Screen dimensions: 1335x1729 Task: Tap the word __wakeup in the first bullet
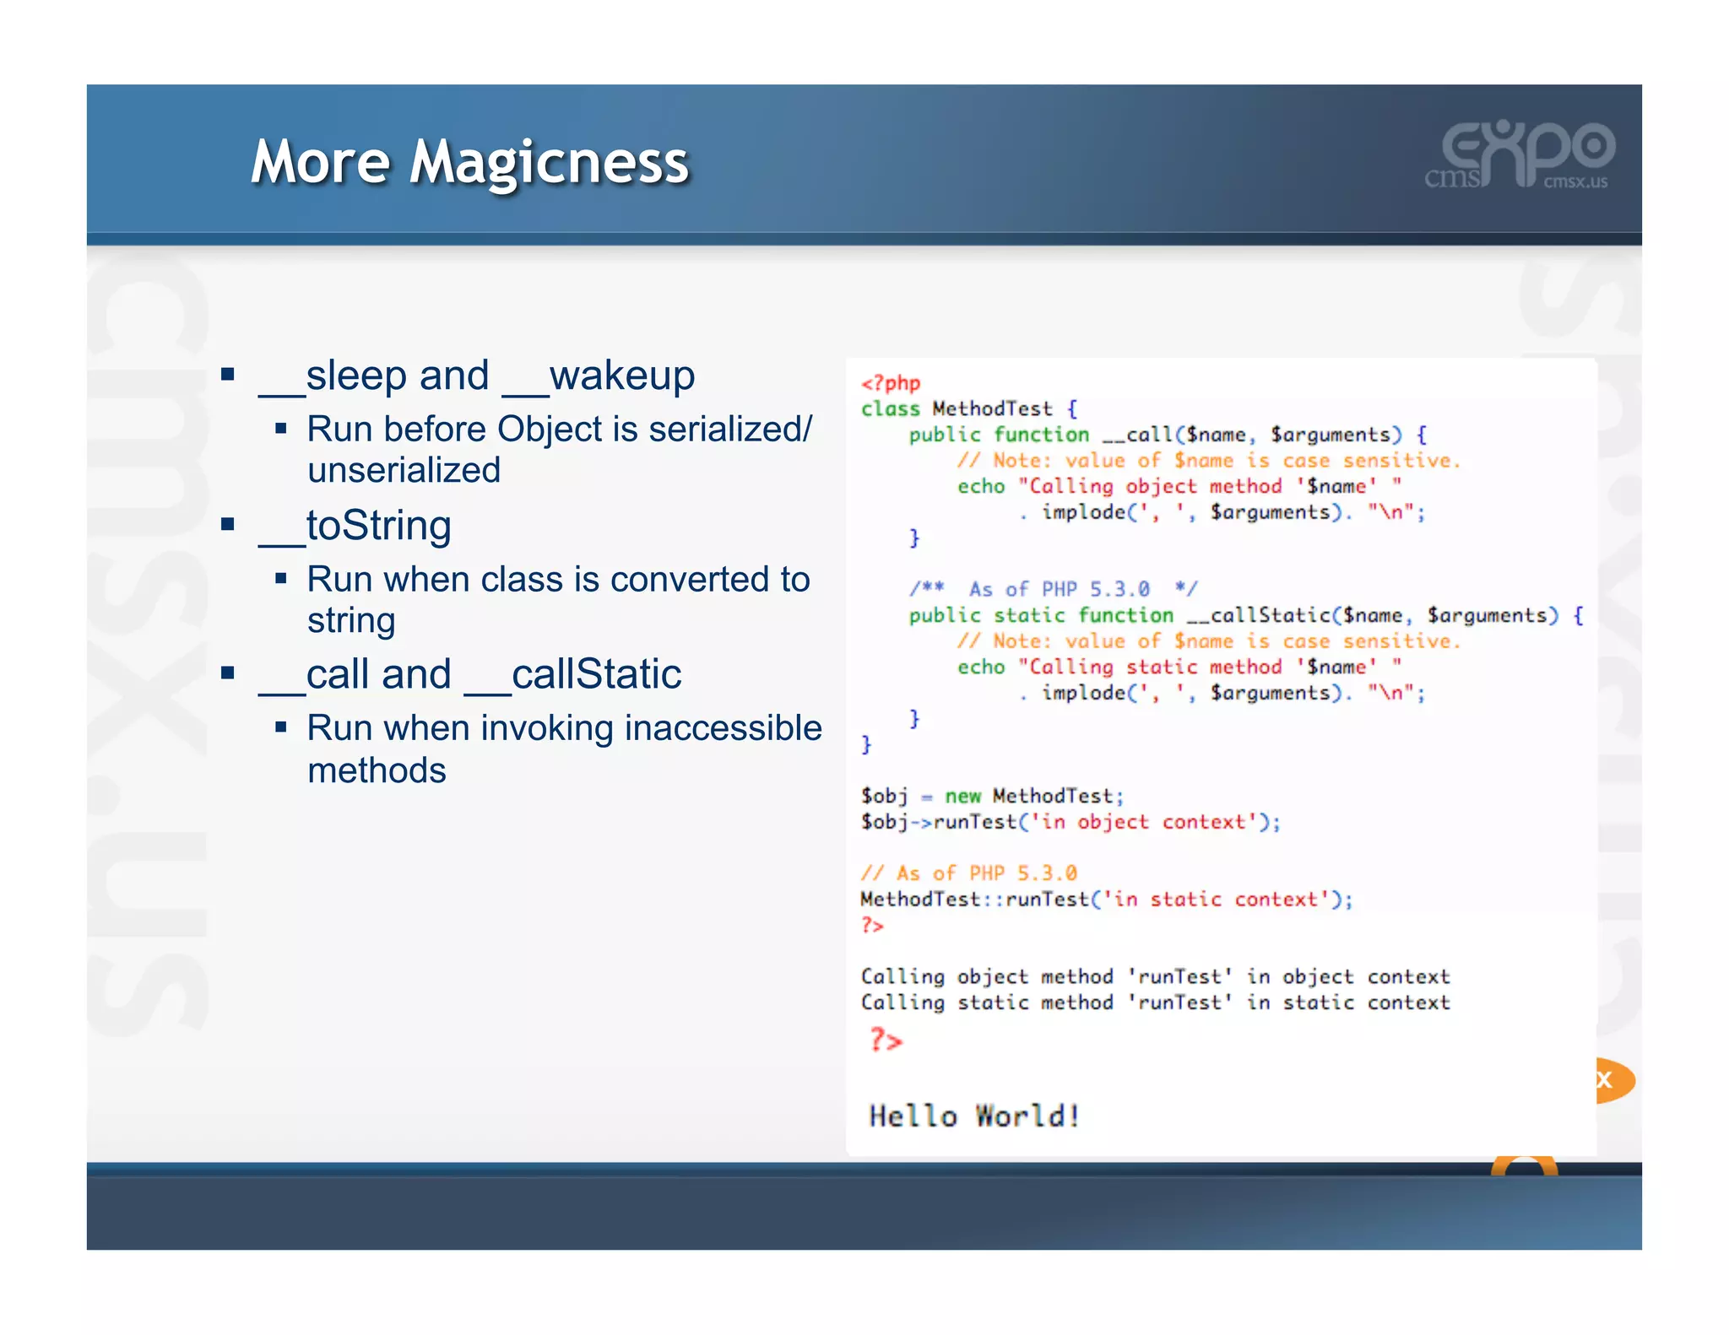click(x=599, y=376)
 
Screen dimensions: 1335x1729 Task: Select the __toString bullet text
click(x=355, y=526)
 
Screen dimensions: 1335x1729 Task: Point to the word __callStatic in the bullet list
click(x=573, y=674)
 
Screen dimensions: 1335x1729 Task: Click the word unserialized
click(x=404, y=470)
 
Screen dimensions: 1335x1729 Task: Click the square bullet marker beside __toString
click(x=227, y=525)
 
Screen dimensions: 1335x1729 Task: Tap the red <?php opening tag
click(x=890, y=383)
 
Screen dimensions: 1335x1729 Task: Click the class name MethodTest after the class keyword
click(x=992, y=409)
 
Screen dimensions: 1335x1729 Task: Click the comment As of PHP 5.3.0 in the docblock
click(x=1059, y=589)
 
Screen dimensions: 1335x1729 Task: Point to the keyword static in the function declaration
click(x=1028, y=615)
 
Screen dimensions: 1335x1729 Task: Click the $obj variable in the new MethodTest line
click(x=884, y=796)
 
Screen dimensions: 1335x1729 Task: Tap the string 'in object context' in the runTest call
click(x=1143, y=822)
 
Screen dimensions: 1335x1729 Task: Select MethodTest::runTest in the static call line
click(x=974, y=900)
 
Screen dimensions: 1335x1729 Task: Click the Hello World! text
click(x=974, y=1116)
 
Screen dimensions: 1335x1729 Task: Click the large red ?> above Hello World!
click(x=886, y=1040)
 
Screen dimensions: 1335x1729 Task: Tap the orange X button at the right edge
click(x=1609, y=1079)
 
